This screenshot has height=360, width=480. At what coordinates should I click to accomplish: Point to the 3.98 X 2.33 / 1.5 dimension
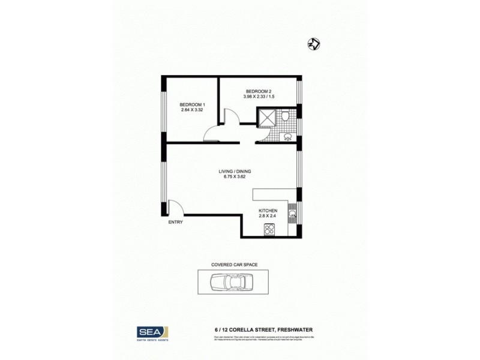tap(259, 97)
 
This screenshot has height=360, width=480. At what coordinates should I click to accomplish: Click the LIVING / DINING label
tap(235, 172)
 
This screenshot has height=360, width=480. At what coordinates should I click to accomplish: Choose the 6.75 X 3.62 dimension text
tap(235, 177)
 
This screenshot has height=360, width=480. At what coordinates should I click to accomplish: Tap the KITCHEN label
tap(268, 210)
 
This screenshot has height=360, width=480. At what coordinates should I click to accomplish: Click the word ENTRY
tap(175, 222)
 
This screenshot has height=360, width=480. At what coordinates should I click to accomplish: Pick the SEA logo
tap(149, 332)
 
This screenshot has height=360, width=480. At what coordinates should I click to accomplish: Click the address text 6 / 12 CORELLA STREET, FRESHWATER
tap(264, 329)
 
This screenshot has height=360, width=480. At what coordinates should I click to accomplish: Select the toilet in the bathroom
tap(287, 115)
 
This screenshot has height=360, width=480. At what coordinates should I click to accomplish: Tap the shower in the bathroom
tap(267, 117)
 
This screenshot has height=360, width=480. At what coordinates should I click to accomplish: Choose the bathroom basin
tap(287, 136)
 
